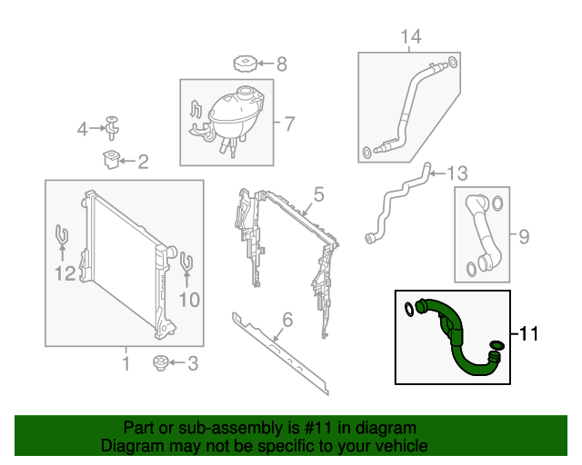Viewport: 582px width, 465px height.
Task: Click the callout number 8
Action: (281, 64)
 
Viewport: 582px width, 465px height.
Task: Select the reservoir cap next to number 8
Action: (245, 64)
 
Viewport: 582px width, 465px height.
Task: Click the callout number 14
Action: (411, 36)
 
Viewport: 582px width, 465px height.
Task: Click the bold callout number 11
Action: (529, 335)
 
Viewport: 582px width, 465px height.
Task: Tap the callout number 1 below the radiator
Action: (125, 364)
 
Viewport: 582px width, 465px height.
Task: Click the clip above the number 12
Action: (62, 236)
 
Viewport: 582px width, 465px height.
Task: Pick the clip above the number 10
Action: (186, 262)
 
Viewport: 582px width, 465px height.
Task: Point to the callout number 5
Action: (319, 194)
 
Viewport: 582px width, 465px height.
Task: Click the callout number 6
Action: (287, 319)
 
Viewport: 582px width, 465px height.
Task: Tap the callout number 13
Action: (457, 173)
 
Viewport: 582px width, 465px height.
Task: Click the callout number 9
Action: (523, 237)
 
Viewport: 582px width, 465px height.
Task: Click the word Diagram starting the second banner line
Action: (133, 446)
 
